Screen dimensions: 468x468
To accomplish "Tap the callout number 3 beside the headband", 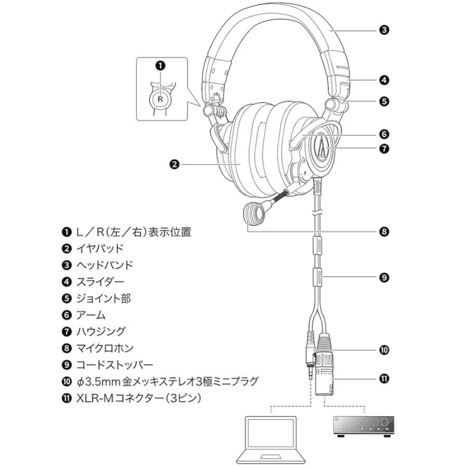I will [384, 30].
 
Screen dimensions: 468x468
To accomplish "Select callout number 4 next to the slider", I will [384, 80].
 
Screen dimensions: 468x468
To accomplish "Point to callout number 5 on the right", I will [384, 101].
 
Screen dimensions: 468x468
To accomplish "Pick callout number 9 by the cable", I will [384, 278].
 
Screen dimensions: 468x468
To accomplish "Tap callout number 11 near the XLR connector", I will [384, 379].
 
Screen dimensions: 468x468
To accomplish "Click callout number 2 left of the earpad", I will [174, 164].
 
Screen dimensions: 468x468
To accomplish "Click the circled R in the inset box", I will [160, 98].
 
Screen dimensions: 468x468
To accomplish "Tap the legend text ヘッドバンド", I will [105, 265].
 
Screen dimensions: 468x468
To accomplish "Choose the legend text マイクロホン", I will [105, 348].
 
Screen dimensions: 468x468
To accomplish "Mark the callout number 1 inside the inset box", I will [160, 66].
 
